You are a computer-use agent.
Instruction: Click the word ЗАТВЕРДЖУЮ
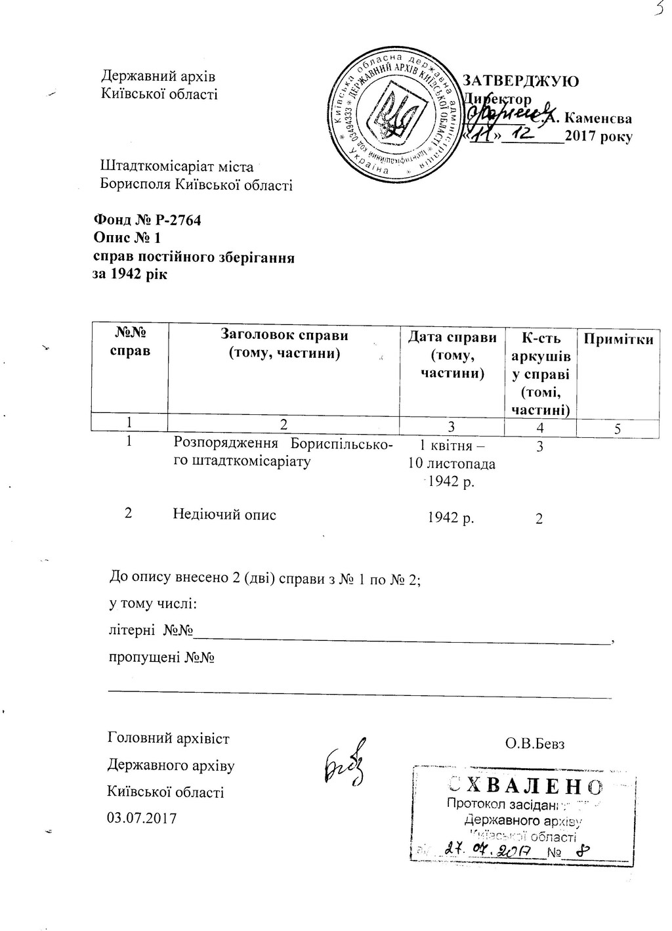tap(521, 81)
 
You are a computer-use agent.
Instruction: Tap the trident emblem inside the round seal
tap(393, 118)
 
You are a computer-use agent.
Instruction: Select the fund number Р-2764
tap(174, 219)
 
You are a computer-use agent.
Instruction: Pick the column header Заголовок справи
tap(283, 336)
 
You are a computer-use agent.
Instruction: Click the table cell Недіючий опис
tap(224, 514)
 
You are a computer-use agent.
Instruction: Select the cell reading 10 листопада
tap(451, 464)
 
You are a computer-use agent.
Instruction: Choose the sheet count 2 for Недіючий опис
tap(539, 519)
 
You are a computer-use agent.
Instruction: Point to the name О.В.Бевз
tap(535, 744)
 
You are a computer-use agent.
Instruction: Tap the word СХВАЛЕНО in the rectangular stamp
tap(522, 785)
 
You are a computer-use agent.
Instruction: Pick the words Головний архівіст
tap(169, 739)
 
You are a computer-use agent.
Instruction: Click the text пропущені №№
tap(162, 657)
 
